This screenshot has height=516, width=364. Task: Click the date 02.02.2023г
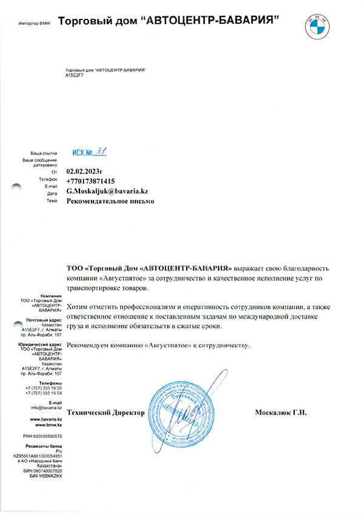pyautogui.click(x=86, y=172)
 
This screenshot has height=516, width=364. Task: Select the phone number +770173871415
pyautogui.click(x=91, y=181)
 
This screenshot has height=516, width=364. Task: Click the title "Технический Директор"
pyautogui.click(x=106, y=413)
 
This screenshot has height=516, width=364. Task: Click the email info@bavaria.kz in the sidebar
pyautogui.click(x=46, y=408)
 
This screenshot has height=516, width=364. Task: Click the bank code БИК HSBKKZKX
pyautogui.click(x=46, y=476)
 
